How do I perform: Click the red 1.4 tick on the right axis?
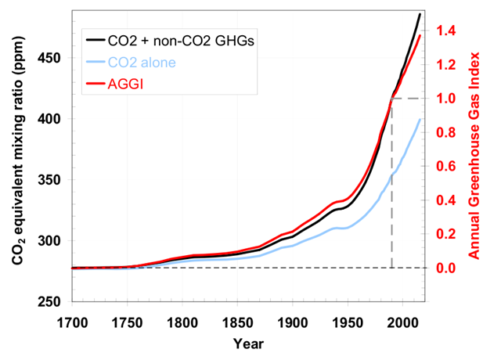coord(448,31)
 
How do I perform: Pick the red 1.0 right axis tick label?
coord(448,99)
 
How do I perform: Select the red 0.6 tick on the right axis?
coord(448,166)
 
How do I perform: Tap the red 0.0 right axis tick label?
coord(448,268)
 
